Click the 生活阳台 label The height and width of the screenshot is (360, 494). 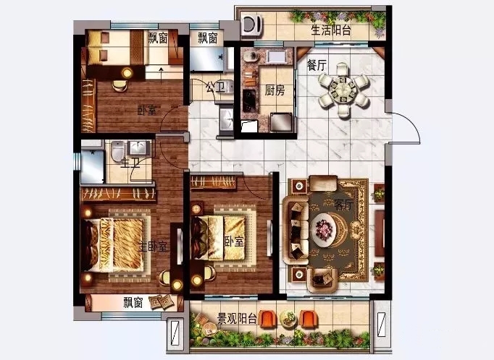click(331, 30)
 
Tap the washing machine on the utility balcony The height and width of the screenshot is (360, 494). click(252, 24)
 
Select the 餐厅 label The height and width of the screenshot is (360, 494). click(317, 65)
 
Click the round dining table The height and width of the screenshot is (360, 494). click(343, 90)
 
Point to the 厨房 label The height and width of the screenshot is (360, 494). click(275, 90)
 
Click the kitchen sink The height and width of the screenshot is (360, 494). click(277, 56)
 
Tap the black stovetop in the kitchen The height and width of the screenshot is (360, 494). click(249, 100)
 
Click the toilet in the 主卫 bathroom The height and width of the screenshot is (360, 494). click(118, 151)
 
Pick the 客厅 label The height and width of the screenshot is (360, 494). click(344, 205)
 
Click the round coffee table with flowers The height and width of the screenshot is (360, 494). click(325, 230)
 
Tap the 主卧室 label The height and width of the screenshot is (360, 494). click(153, 247)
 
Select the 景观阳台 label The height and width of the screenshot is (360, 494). click(237, 319)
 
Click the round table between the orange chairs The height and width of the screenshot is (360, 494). click(288, 319)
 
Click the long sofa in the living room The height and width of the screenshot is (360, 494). click(296, 230)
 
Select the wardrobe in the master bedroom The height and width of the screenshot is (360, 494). click(119, 194)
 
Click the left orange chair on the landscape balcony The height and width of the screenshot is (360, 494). click(267, 319)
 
